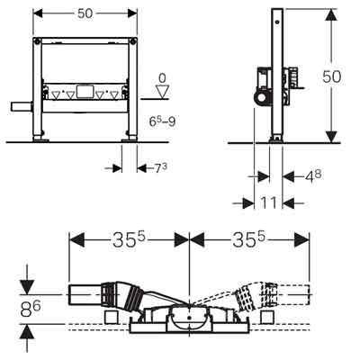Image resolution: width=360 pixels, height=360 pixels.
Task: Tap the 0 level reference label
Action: [162, 78]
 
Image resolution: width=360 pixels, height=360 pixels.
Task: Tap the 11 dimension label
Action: [270, 204]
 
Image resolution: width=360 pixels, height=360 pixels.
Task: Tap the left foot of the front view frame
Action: [39, 137]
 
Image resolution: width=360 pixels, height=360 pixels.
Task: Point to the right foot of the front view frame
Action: [131, 137]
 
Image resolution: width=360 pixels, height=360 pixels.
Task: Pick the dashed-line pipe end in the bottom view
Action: [292, 293]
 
